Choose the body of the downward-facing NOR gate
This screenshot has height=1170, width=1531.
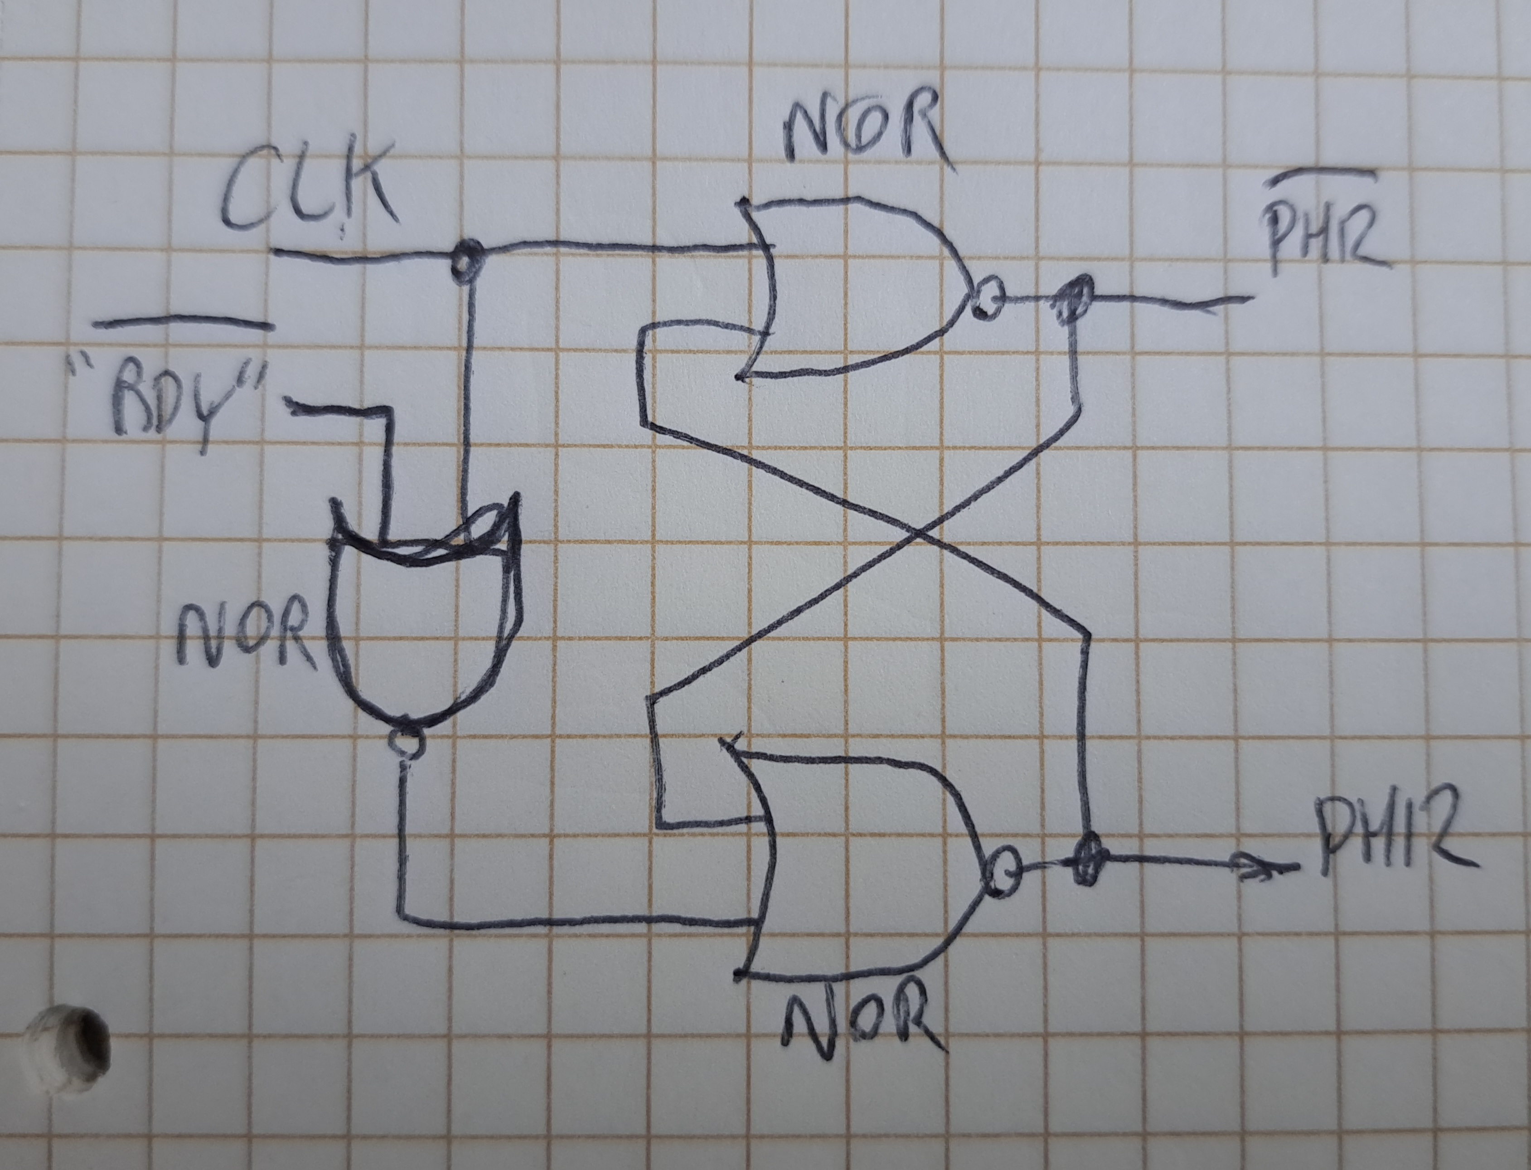pos(421,627)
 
